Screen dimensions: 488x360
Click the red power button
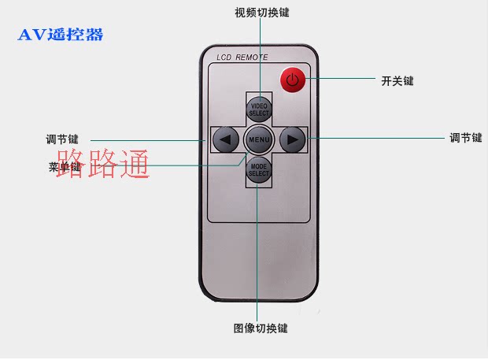[x=292, y=79]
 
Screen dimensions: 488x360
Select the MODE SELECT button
[x=259, y=169]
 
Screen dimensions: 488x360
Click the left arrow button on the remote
[x=226, y=140]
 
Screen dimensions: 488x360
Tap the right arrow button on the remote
[x=292, y=140]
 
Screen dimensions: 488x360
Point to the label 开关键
[x=397, y=80]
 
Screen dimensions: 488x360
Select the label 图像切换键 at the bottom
[x=261, y=328]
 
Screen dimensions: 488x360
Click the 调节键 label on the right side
[x=465, y=138]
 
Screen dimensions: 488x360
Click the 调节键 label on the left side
[x=62, y=139]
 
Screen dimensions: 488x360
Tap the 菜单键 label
[x=64, y=167]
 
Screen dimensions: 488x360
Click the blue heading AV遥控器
[x=61, y=35]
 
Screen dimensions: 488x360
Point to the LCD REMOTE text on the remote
[x=242, y=58]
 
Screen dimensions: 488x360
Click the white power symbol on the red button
[x=292, y=79]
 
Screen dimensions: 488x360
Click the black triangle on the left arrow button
[x=225, y=140]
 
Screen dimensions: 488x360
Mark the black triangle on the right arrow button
[x=293, y=140]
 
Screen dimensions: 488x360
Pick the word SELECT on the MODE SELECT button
[x=259, y=173]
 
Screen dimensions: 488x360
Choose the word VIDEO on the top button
[x=259, y=105]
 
